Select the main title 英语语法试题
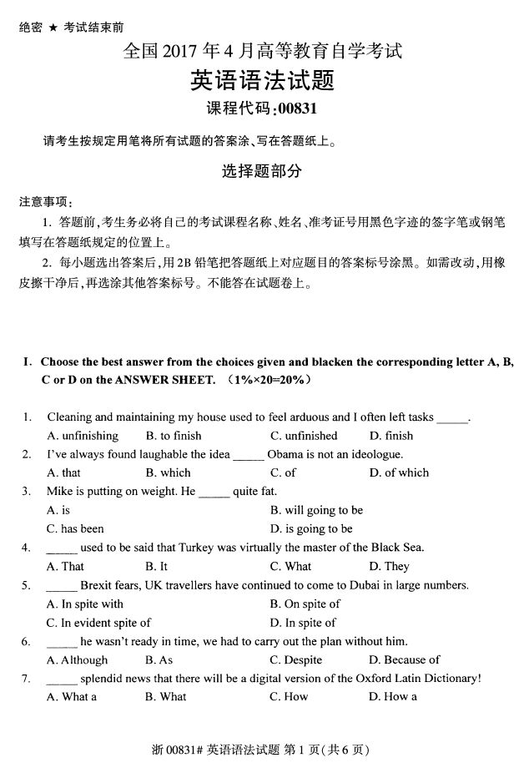pos(264,81)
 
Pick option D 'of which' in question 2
pos(400,472)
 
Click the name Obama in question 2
pos(284,454)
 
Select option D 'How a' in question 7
pos(392,696)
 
